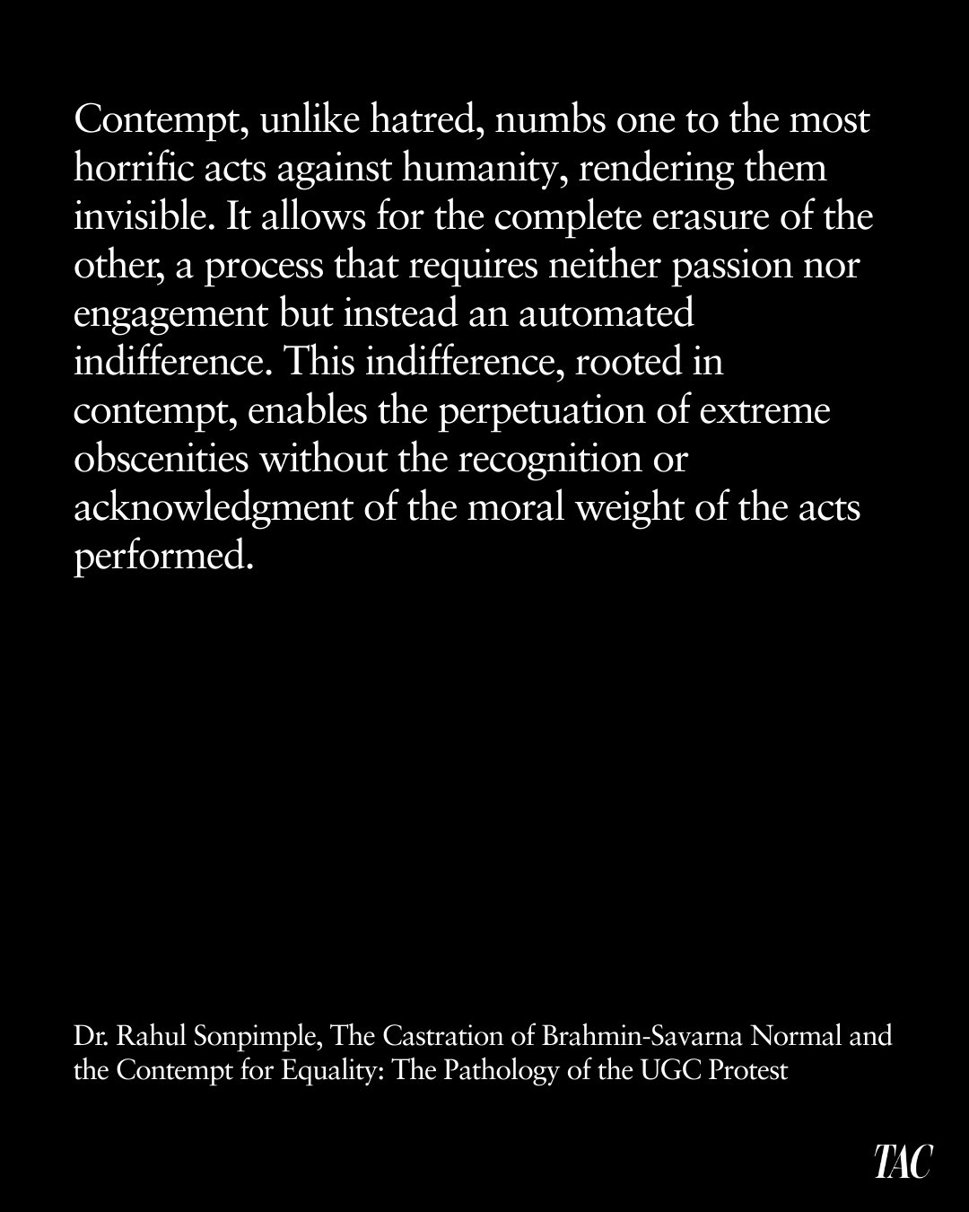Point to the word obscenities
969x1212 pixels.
[161, 460]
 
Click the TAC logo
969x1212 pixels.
[904, 1162]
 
